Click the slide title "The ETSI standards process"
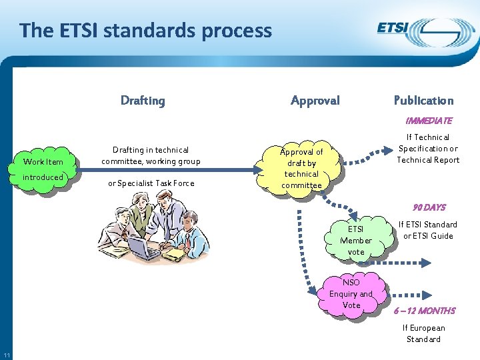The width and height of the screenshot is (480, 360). (x=146, y=31)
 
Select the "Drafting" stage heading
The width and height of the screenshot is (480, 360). (x=143, y=101)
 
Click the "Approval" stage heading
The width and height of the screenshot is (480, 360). (x=315, y=101)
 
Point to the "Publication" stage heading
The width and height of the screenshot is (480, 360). (x=423, y=101)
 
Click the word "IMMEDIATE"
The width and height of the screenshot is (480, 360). (x=429, y=121)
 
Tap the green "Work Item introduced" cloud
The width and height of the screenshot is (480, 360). (x=43, y=169)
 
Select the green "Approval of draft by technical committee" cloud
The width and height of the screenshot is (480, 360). (x=301, y=169)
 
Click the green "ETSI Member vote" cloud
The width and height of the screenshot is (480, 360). (x=356, y=240)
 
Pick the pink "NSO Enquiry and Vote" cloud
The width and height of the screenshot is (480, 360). (x=351, y=294)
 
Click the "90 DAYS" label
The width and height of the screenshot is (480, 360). (x=429, y=207)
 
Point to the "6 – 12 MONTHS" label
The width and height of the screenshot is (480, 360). (x=424, y=311)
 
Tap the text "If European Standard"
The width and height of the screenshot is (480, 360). (x=423, y=333)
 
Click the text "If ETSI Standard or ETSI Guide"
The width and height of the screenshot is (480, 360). (x=427, y=230)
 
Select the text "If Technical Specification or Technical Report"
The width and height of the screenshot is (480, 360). (x=428, y=148)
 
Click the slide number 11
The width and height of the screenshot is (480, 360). (x=6, y=353)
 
